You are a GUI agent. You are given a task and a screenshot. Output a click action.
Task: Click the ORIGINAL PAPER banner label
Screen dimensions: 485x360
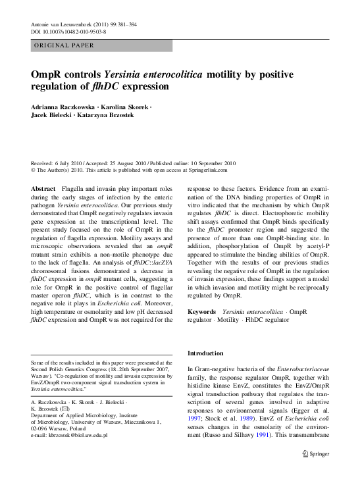click(64, 46)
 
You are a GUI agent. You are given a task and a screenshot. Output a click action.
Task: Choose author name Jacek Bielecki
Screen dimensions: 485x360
click(53, 116)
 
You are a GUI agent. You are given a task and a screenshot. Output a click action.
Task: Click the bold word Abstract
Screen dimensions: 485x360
click(43, 189)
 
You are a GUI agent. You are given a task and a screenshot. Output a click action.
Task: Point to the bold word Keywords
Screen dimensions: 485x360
click(202, 311)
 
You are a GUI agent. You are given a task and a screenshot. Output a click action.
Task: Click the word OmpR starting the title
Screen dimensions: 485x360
click(47, 75)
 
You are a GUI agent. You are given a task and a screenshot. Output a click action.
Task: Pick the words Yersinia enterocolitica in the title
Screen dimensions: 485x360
click(152, 75)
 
